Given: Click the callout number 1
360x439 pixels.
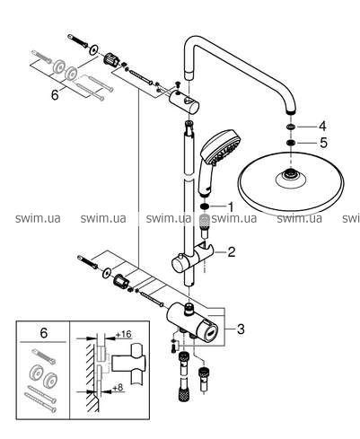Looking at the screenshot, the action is point(230,206).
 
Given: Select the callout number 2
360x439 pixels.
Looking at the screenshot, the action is point(232,252).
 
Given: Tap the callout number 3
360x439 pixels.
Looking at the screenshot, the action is point(241,329).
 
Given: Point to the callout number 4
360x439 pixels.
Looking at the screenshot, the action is point(322,127).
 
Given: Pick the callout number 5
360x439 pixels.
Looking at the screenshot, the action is point(323,143).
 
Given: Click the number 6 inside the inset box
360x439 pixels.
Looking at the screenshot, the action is point(44,333).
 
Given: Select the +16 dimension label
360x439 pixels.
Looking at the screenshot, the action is point(124,334).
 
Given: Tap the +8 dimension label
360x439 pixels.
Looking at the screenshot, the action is point(118,388).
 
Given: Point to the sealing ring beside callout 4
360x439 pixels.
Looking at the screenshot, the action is point(290,127).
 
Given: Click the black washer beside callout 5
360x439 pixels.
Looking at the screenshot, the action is point(290,143).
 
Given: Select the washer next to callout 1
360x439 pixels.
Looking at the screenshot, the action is point(205,206).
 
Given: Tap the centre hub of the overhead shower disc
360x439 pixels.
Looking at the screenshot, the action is point(290,173).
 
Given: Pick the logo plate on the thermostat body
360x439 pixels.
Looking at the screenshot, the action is point(212,332).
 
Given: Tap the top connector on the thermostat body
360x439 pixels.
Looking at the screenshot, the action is point(189,309).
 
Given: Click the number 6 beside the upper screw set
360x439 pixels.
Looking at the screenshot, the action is point(55,95).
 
